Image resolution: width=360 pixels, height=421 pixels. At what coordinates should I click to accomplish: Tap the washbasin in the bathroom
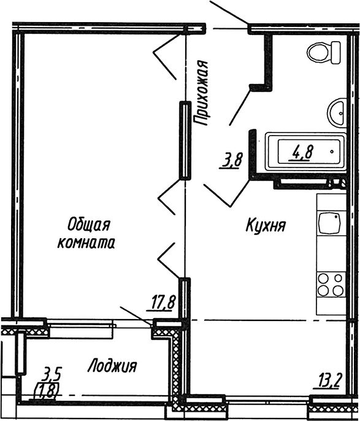click(x=338, y=112)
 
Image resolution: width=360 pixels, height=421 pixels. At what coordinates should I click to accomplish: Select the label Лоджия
click(x=112, y=366)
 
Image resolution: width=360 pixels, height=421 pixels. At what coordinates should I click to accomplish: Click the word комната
click(x=86, y=243)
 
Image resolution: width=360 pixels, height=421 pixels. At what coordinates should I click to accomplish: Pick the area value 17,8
click(x=164, y=301)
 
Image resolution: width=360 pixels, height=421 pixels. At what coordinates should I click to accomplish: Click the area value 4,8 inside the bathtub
click(x=302, y=152)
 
